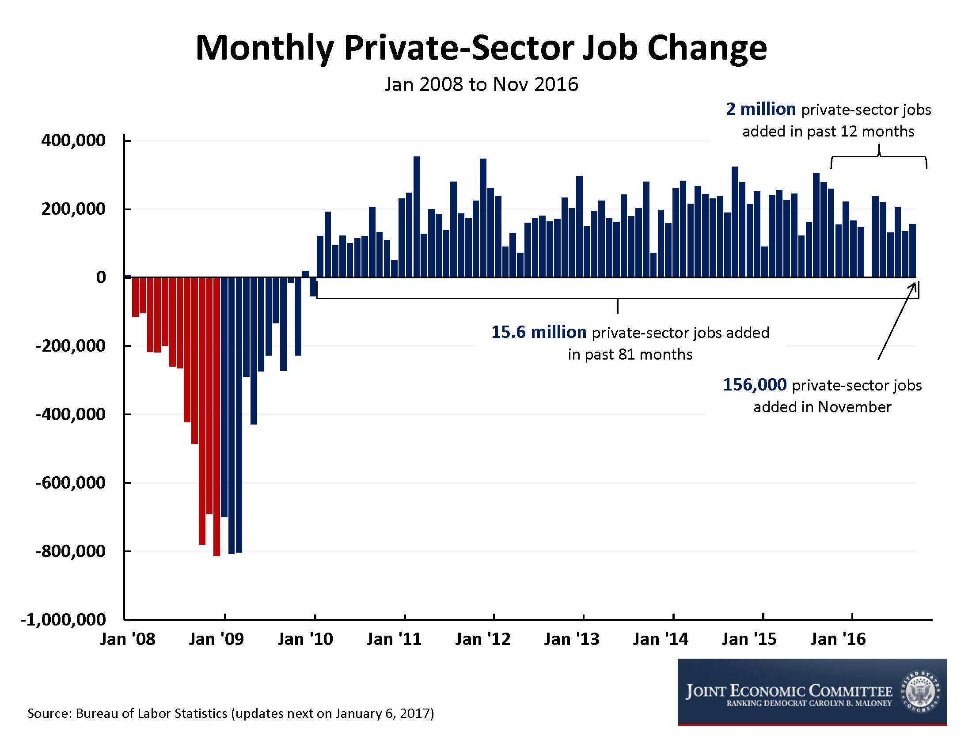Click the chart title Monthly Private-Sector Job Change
[x=481, y=48]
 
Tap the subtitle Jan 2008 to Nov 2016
[x=481, y=84]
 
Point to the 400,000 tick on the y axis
[x=73, y=140]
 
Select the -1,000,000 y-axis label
[x=63, y=620]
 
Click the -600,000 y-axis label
[x=70, y=483]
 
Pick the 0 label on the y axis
[x=101, y=277]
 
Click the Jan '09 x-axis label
[x=216, y=639]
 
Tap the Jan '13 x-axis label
[x=571, y=639]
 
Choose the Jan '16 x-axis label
[x=838, y=639]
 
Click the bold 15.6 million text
[x=539, y=332]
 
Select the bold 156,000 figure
[x=754, y=385]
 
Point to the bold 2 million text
[x=761, y=109]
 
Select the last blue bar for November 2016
[x=912, y=251]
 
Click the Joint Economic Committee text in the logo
[x=789, y=691]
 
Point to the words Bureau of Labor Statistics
[x=151, y=713]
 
